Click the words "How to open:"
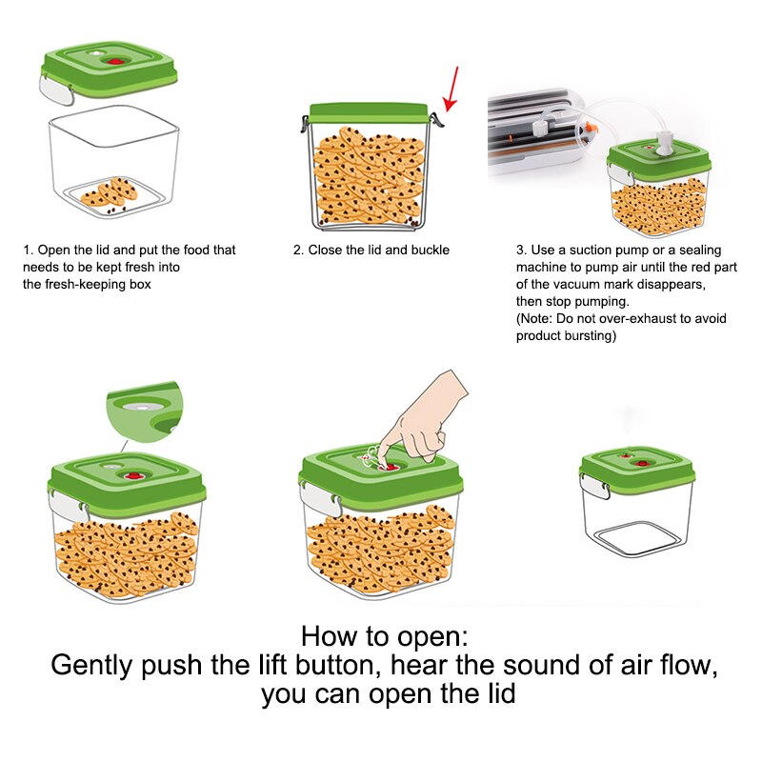click(385, 636)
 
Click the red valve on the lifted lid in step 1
click(117, 61)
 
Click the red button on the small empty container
click(642, 463)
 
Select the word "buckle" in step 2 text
click(428, 251)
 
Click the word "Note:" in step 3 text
click(539, 319)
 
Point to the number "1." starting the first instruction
click(29, 251)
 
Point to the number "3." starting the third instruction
click(521, 251)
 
